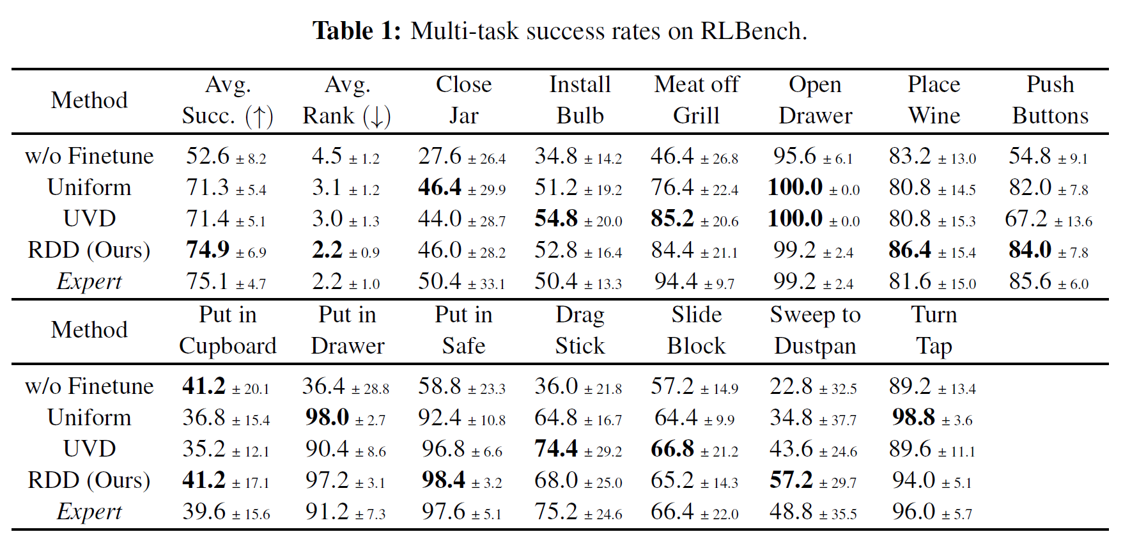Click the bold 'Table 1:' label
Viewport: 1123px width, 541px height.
click(x=356, y=31)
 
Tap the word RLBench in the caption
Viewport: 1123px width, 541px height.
click(x=750, y=31)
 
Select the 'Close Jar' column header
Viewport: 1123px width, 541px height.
click(x=463, y=100)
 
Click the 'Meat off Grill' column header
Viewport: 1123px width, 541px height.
click(x=696, y=100)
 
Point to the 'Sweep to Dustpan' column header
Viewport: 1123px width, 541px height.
click(x=815, y=330)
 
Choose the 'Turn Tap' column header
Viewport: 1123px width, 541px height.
click(x=934, y=330)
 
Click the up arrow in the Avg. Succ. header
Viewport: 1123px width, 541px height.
click(x=259, y=116)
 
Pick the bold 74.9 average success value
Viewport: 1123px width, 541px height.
click(x=208, y=250)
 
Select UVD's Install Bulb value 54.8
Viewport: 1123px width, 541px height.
click(x=556, y=219)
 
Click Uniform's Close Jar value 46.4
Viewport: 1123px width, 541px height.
click(x=440, y=187)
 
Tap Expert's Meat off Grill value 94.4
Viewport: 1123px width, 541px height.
click(x=676, y=281)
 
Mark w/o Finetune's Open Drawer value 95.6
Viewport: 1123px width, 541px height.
click(x=795, y=156)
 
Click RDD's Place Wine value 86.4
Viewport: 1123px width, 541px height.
click(x=910, y=250)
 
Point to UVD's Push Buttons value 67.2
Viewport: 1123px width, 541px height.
click(x=1026, y=219)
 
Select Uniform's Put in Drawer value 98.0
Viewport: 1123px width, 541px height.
click(x=327, y=418)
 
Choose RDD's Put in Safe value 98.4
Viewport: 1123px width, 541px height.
click(x=443, y=480)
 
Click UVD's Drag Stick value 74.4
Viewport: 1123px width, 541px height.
click(x=556, y=449)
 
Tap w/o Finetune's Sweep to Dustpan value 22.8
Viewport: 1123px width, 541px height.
click(x=791, y=386)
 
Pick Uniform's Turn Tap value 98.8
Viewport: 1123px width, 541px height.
click(x=913, y=418)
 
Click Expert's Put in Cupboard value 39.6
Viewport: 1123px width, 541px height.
click(x=204, y=512)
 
